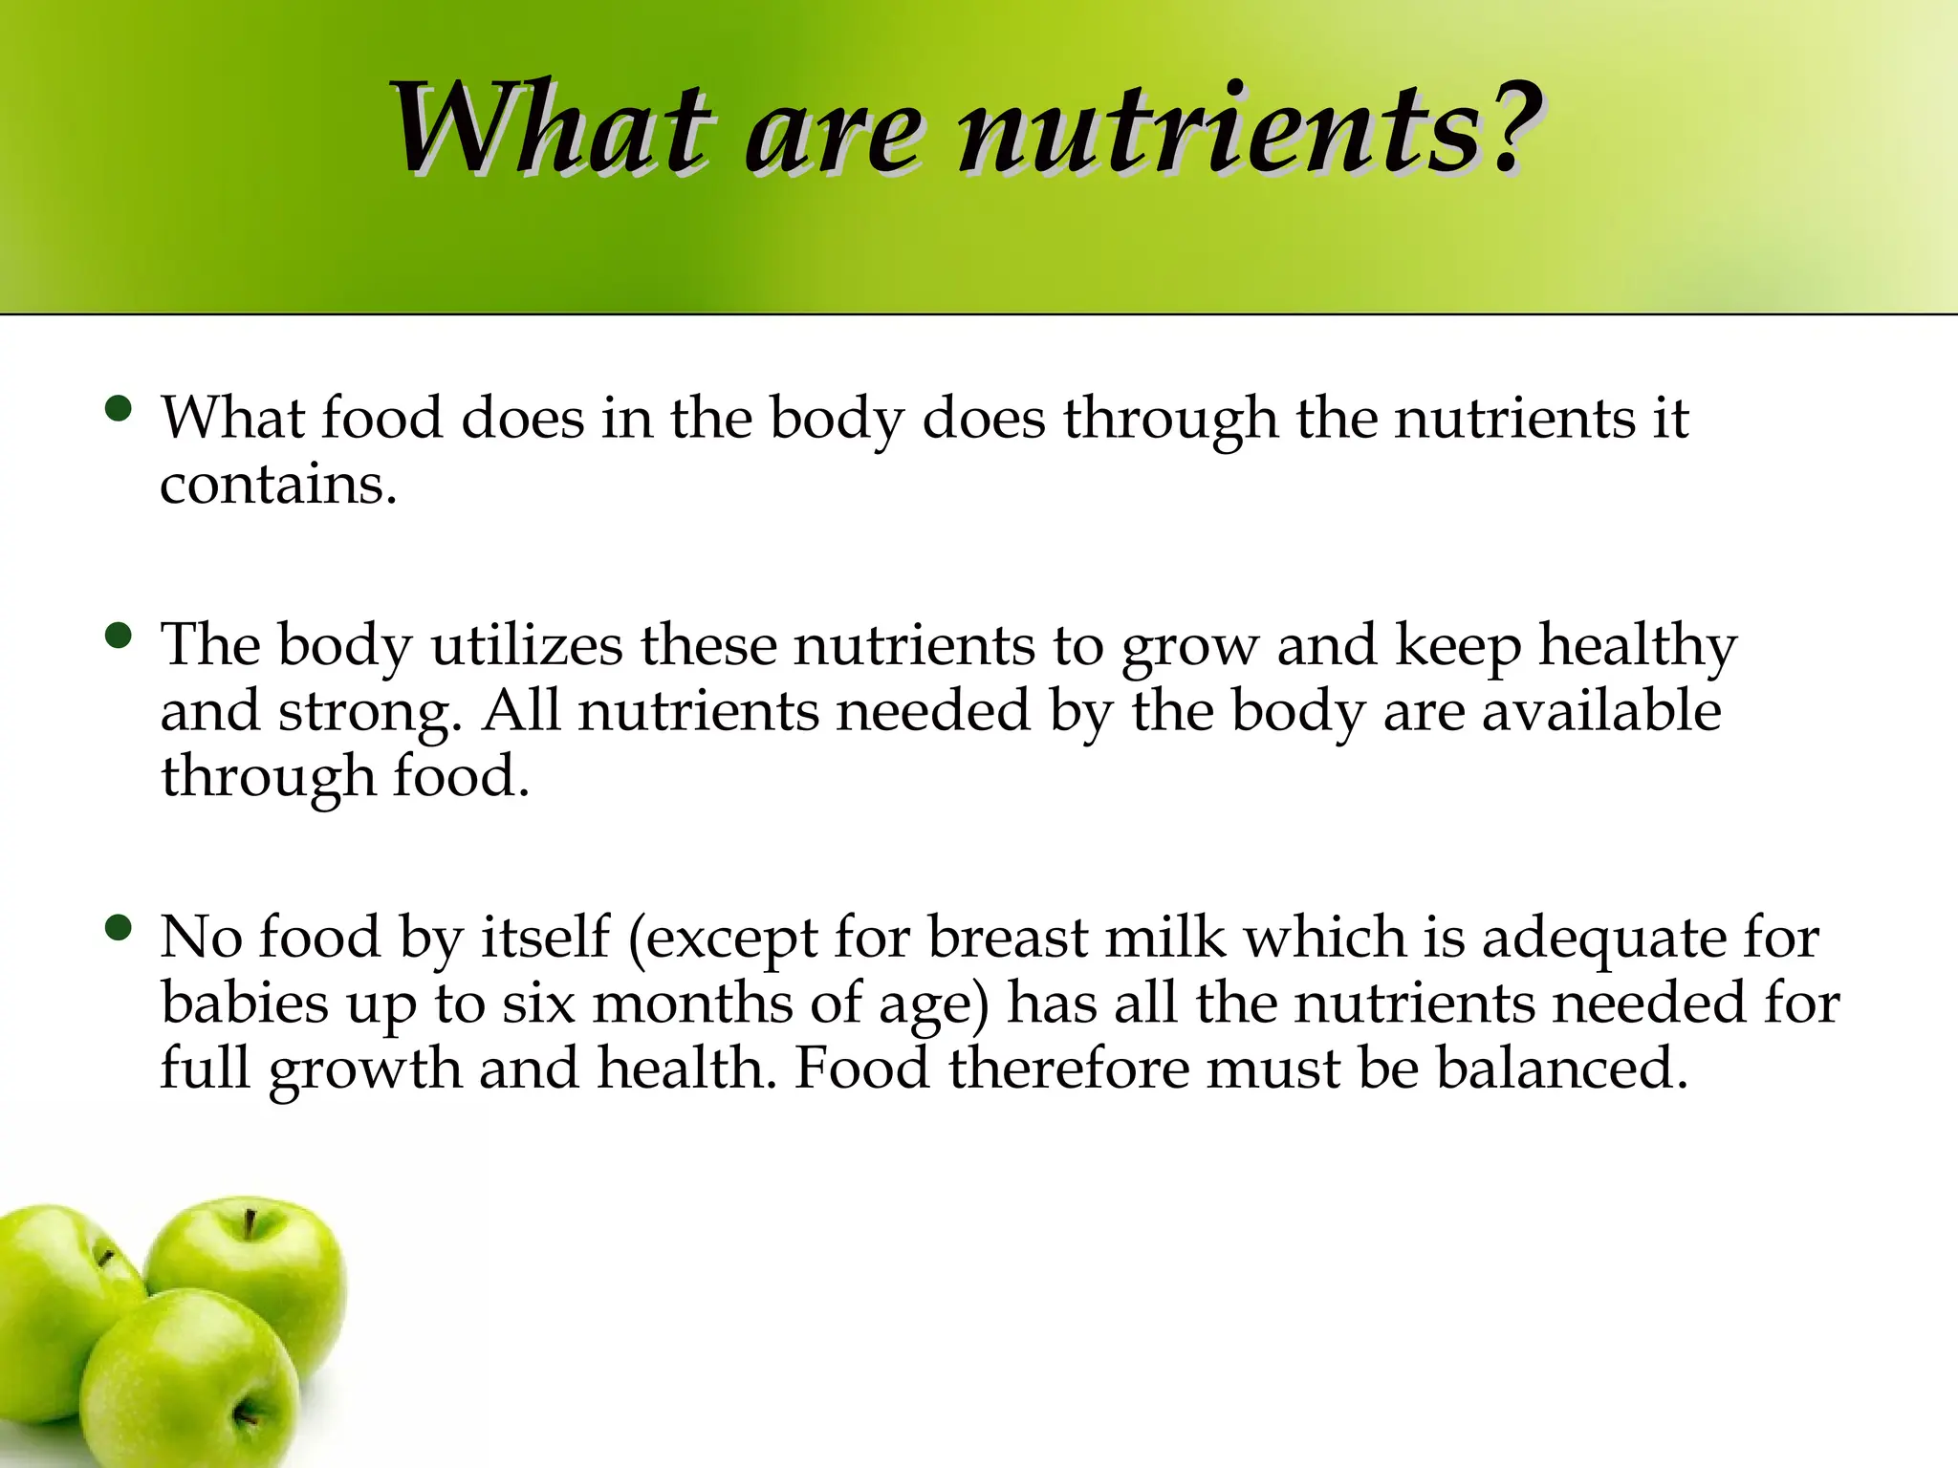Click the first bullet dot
pyautogui.click(x=119, y=410)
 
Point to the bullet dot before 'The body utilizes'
pyautogui.click(x=119, y=636)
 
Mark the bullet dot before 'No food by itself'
pyautogui.click(x=119, y=928)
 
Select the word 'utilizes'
pyautogui.click(x=527, y=645)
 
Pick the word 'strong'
pyautogui.click(x=363, y=713)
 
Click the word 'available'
pyautogui.click(x=1601, y=711)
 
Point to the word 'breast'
pyautogui.click(x=1008, y=937)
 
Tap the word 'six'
pyautogui.click(x=538, y=1004)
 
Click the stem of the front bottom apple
pyautogui.click(x=248, y=1411)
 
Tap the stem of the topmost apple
pyautogui.click(x=250, y=1223)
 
